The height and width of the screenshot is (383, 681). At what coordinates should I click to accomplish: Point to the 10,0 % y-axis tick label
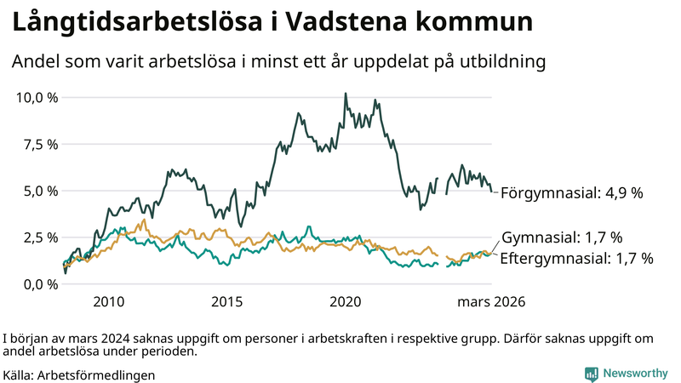click(x=37, y=97)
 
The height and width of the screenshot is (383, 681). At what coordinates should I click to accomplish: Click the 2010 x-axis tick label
click(x=109, y=301)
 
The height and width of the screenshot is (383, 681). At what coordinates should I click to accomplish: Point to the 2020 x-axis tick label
click(x=346, y=301)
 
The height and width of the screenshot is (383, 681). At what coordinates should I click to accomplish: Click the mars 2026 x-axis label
click(x=491, y=301)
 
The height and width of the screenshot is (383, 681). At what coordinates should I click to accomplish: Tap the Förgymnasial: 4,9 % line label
click(x=571, y=192)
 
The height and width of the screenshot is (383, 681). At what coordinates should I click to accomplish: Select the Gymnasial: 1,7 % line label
click(x=562, y=237)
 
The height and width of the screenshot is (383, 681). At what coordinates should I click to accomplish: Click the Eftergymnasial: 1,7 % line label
click(x=576, y=258)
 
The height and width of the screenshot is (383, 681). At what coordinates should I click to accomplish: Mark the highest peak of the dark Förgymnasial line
click(x=345, y=94)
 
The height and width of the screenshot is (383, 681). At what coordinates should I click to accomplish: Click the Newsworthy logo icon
click(x=591, y=373)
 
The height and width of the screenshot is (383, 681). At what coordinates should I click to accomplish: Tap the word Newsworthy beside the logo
click(x=636, y=373)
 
